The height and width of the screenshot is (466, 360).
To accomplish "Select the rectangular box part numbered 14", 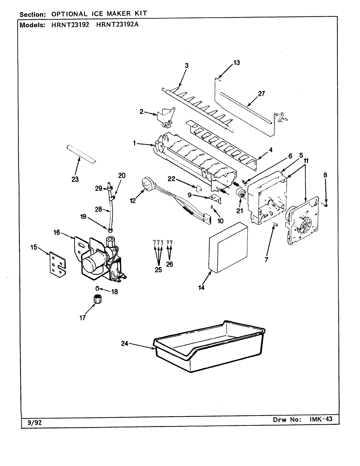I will [x=228, y=247].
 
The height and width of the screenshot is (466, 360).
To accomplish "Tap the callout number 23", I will [x=75, y=179].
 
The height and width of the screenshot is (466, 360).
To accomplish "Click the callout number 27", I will [x=261, y=94].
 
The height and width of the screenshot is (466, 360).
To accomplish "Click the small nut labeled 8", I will [x=326, y=205].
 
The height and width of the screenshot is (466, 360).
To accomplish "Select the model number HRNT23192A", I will [x=117, y=25].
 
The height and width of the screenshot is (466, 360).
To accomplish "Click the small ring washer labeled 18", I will [x=97, y=288].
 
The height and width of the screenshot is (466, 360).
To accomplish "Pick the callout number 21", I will [x=240, y=211].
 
